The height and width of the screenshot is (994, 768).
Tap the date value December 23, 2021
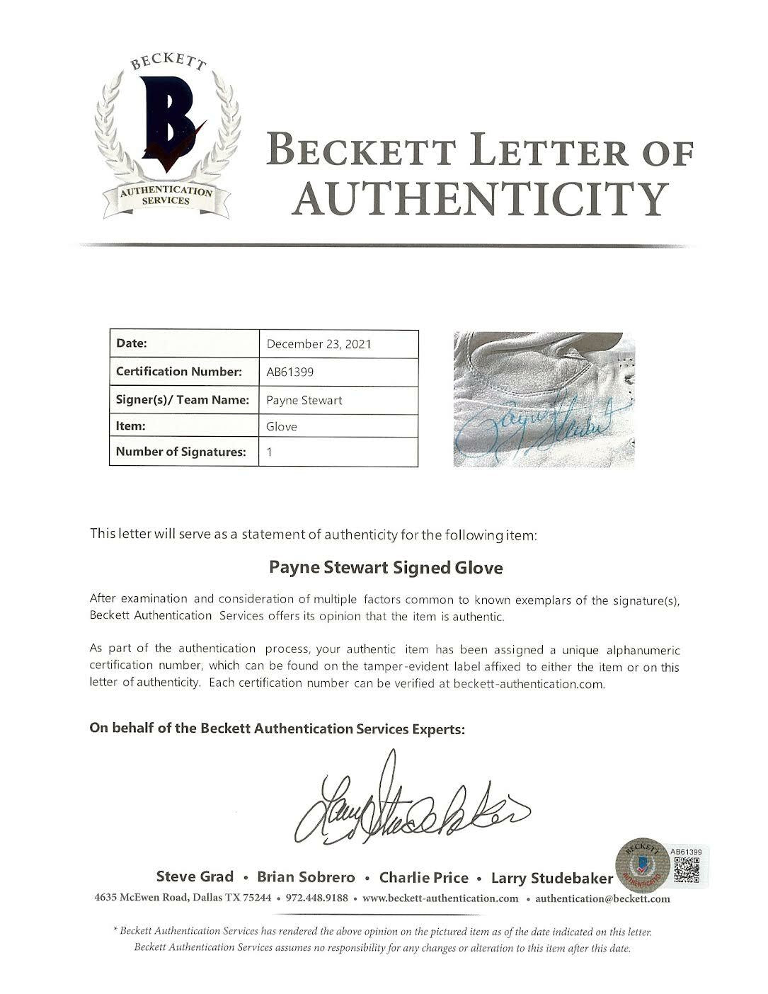click(x=319, y=344)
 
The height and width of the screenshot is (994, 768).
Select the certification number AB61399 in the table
click(x=290, y=372)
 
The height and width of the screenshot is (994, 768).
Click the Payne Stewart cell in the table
click(x=304, y=400)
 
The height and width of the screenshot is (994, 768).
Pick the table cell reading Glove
click(x=282, y=426)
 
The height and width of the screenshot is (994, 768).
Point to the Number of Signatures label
click(x=180, y=452)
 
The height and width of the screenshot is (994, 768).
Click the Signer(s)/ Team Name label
click(x=183, y=400)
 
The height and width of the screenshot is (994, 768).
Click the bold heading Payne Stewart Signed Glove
click(x=386, y=568)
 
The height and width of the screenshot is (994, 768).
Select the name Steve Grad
click(x=195, y=877)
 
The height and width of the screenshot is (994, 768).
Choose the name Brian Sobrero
click(x=306, y=878)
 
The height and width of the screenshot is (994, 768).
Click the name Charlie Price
click(x=423, y=878)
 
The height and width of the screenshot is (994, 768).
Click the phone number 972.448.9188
click(x=316, y=898)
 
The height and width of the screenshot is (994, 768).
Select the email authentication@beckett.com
click(x=602, y=898)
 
